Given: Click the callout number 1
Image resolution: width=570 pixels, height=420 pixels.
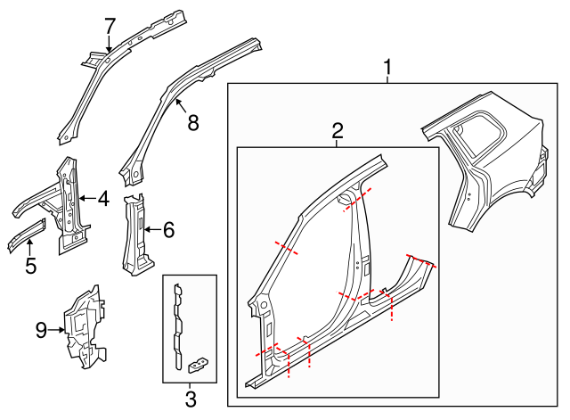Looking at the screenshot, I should click(387, 67).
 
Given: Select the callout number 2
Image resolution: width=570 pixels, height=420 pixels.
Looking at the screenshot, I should click(338, 132).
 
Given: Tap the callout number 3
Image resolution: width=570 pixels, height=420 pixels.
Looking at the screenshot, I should click(190, 399).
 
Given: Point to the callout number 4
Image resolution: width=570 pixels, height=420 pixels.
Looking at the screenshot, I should click(103, 199).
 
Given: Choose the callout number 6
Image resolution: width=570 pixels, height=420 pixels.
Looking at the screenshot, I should click(168, 230).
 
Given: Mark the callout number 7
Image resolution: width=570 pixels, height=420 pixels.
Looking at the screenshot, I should click(110, 27).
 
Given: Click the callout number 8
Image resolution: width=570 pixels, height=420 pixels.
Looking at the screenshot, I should click(192, 123).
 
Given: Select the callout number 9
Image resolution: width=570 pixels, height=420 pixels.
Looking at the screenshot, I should click(41, 331).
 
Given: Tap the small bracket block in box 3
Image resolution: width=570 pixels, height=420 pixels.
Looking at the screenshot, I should click(199, 362).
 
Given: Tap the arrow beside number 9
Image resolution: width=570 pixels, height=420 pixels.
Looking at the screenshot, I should click(57, 331).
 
